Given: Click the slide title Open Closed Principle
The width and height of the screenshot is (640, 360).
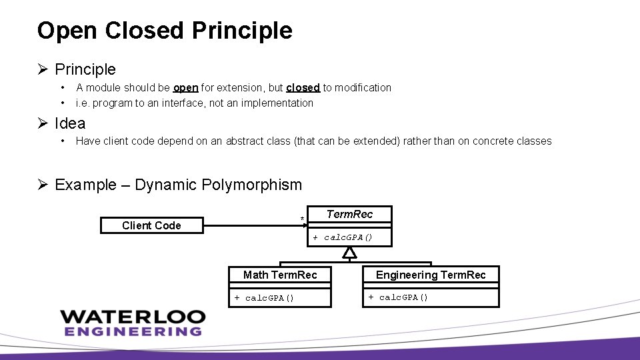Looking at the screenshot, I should coord(165,31).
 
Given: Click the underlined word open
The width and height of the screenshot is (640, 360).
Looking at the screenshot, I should coord(185,87).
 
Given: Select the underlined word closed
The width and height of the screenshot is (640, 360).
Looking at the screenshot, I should coord(303,87).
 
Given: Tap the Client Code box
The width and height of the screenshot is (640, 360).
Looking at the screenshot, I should coord(151,225).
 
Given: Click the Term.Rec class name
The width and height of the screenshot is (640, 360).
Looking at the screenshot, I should coord(349,214).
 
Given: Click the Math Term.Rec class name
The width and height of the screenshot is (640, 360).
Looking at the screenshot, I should coord(280,275).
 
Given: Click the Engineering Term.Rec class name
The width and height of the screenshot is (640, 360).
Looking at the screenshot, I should coord(431,275).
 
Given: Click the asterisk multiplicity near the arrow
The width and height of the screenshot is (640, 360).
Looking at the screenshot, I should coord(302,219).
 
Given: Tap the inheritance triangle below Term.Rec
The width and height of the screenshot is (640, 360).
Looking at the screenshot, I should coord(349,253).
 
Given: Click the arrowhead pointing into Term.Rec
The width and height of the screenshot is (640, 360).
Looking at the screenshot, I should coord(304,225).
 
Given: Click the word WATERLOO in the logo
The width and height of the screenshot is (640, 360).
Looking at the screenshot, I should coord(131,317).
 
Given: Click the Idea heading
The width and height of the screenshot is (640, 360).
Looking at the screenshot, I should coord(70,123).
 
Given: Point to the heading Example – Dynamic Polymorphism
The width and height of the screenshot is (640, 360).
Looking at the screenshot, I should coord(178,185).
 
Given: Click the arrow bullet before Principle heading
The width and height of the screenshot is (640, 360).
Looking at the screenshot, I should coord(43,69).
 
